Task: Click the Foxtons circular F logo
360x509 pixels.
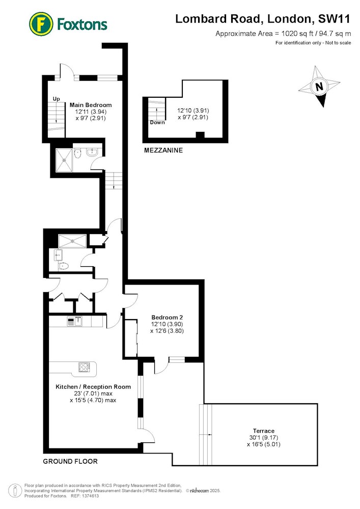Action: coord(41,24)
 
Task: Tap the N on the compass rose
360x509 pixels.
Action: coord(319,87)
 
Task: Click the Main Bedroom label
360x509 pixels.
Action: coord(91,105)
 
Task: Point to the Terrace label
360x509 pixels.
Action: coord(264,431)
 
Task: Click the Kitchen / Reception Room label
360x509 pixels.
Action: coord(93,387)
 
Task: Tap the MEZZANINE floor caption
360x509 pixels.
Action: coord(163,150)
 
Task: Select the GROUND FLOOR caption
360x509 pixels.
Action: coord(70,461)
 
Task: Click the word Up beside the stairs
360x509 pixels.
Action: coord(56,99)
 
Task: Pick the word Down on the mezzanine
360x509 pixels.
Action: coord(157,122)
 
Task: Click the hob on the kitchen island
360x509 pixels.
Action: coord(84,367)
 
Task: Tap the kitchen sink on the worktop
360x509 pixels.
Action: coord(78,321)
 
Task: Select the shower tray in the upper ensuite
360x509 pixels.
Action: coord(64,160)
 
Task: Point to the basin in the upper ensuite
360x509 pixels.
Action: coord(92,152)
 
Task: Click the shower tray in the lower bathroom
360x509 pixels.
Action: coord(72,241)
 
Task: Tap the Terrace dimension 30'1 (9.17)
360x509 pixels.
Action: coord(264,438)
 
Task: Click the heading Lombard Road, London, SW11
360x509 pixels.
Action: coord(263,19)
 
